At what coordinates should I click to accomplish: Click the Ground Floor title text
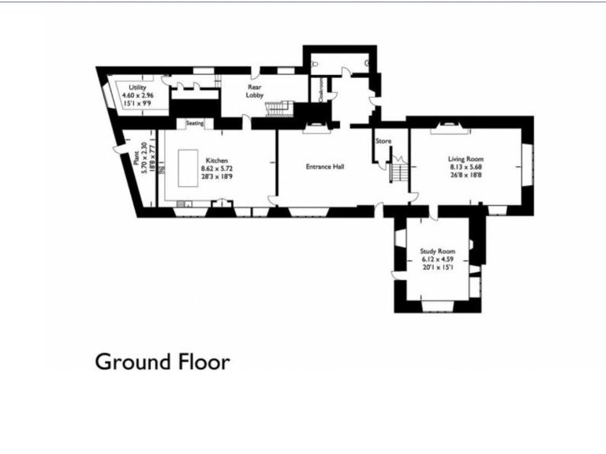pos(162,362)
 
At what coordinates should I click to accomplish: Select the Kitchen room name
pos(217,161)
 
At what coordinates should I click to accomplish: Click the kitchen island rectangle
pos(188,168)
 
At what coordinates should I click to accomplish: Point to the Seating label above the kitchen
pos(195,123)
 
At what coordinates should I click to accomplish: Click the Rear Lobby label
pos(254,91)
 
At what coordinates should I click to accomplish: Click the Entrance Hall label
pos(325,166)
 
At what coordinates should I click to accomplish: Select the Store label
pos(383,142)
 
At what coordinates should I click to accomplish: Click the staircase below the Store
pos(399,172)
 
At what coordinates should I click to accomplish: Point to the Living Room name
pos(466,159)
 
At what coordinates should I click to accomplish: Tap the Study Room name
pos(438,251)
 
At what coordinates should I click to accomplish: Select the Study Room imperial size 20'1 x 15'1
pos(438,267)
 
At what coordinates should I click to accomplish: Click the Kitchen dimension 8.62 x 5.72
pos(217,169)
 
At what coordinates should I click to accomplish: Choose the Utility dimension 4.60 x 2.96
pos(137,95)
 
